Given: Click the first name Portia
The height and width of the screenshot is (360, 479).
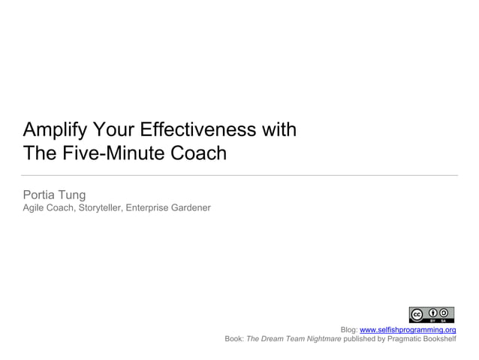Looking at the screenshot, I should coord(42,195).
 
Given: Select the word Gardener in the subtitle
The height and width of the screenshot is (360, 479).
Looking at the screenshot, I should coord(190,207).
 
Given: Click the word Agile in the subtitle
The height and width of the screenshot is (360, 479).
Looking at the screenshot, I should coord(34,207).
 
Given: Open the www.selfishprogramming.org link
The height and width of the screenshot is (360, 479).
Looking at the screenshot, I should coord(408,330).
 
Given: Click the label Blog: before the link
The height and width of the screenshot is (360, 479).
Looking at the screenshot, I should coord(348,330).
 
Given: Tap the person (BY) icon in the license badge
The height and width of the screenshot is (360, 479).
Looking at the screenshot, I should coord(434,313).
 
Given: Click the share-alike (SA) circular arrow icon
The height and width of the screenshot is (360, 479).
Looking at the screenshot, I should coord(446,313).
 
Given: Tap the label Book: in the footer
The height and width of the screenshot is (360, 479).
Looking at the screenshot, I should coord(234,339).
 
